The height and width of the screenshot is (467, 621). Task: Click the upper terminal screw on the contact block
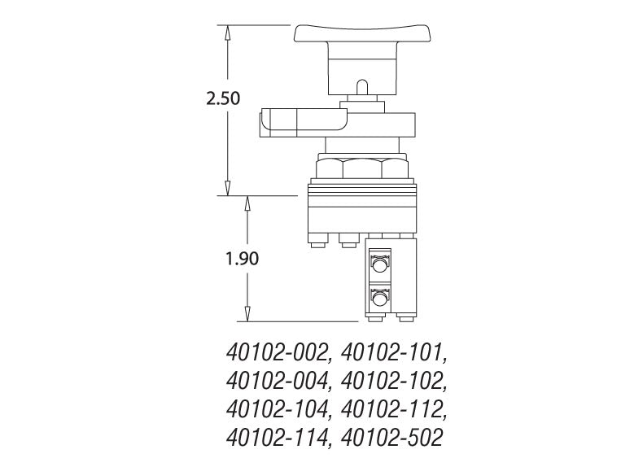tap(378, 264)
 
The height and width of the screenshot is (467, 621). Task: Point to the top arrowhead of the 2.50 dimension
tap(229, 31)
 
